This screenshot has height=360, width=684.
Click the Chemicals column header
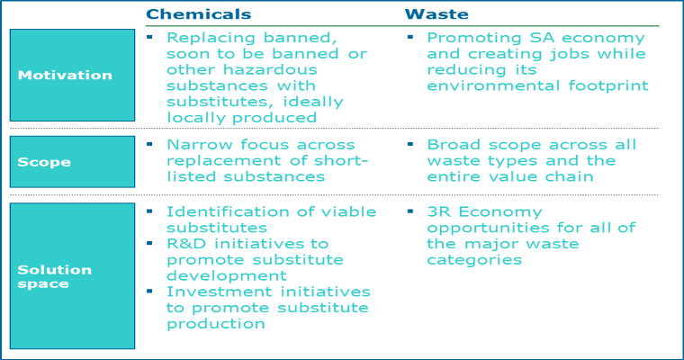[199, 14]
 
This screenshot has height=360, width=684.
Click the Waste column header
[436, 14]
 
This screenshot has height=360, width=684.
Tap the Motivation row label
[65, 75]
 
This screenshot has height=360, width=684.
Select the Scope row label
[44, 162]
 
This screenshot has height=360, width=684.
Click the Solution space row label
[55, 276]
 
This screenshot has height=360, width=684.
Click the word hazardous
[270, 70]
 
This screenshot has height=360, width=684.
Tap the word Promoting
[474, 38]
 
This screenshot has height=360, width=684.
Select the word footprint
[608, 86]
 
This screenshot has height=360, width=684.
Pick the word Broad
[454, 144]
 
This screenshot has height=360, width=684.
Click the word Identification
[228, 211]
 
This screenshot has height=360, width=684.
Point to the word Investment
[220, 292]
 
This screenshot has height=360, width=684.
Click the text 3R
[439, 211]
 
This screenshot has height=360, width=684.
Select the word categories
[474, 260]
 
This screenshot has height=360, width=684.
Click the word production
[216, 324]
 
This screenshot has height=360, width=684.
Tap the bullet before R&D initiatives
[149, 243]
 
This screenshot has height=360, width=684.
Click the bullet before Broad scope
[410, 144]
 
